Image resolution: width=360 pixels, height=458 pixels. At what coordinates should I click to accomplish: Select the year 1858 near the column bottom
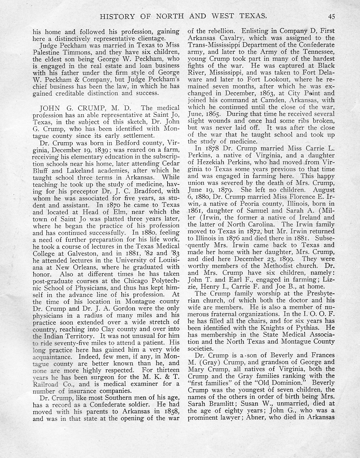pos(171,412)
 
